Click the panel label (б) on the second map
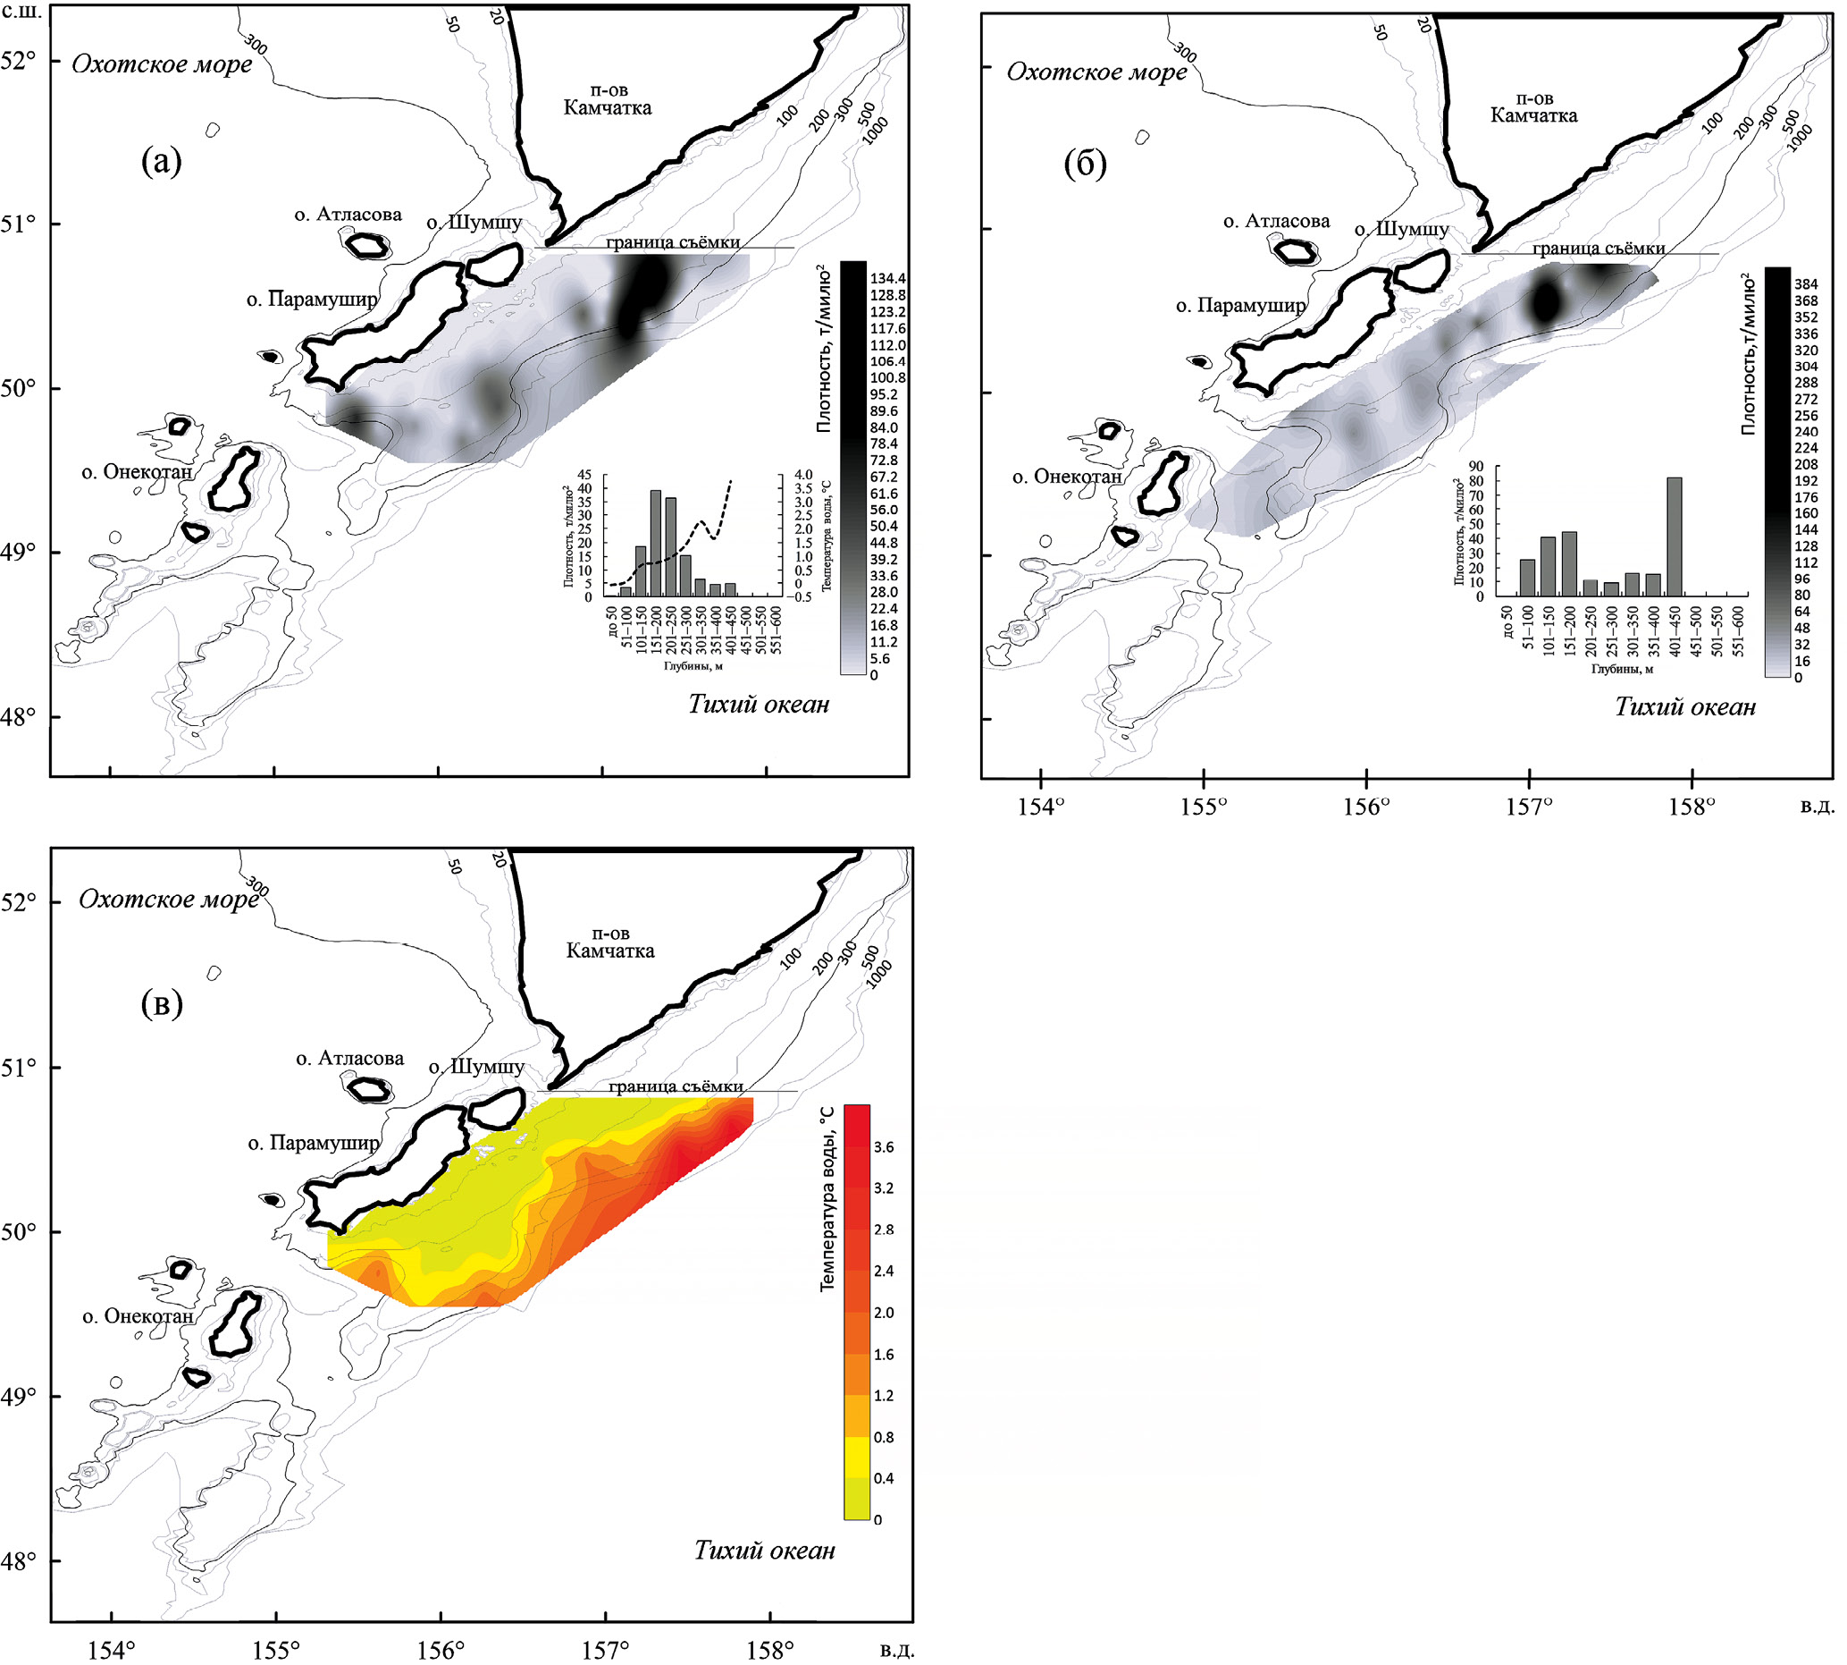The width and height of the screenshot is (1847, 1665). coord(1087,165)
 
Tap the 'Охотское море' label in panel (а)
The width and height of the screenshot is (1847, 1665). coord(162,64)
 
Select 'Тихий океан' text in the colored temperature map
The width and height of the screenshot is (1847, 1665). coord(764,1550)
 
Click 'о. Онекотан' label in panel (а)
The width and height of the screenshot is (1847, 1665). coord(137,472)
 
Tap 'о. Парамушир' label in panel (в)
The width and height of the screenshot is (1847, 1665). coord(314,1143)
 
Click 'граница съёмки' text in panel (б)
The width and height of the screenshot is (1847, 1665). coord(1599,248)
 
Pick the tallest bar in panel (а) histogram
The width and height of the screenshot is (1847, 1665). coord(656,544)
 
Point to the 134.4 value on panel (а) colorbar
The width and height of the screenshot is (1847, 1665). coord(888,278)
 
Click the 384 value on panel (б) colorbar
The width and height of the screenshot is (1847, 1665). coord(1806,284)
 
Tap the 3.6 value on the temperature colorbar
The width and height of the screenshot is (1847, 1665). coord(883,1147)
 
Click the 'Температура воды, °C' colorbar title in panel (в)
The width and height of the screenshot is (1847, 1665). coord(827,1198)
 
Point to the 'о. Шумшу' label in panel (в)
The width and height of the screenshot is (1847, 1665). coord(476,1067)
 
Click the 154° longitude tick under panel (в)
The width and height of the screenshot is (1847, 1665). coord(112,1651)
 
